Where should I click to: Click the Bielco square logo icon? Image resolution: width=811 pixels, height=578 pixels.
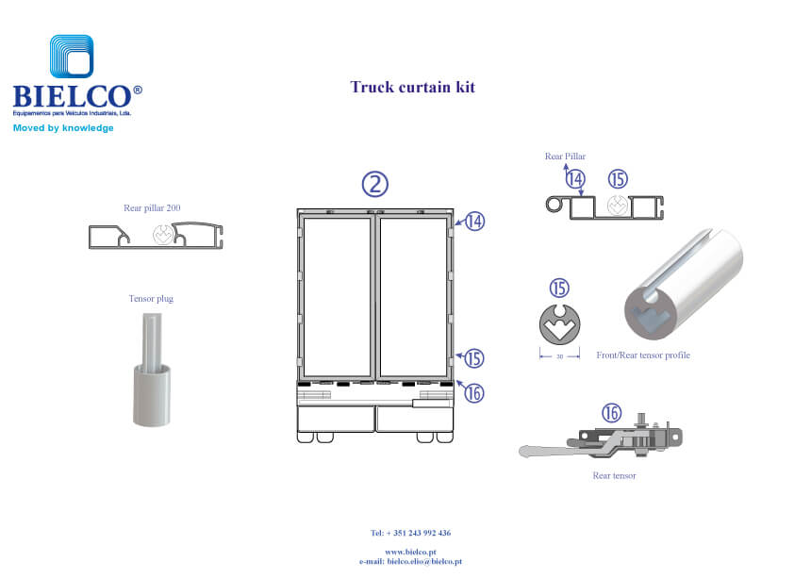[x=72, y=58]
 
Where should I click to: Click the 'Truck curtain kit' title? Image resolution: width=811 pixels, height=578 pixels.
[x=412, y=88]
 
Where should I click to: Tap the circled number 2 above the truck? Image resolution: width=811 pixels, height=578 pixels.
[x=376, y=184]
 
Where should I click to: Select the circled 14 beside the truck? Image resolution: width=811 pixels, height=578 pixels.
[x=474, y=222]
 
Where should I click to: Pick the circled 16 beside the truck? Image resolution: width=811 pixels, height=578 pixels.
[x=474, y=391]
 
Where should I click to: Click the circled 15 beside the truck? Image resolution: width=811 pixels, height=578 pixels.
[x=474, y=358]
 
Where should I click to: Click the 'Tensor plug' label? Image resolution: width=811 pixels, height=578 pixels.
[x=151, y=299]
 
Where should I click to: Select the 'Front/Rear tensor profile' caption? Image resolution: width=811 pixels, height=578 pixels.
[x=643, y=355]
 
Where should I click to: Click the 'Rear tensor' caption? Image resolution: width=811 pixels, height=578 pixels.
[x=614, y=475]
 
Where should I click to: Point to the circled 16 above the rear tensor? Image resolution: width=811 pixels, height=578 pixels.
[x=612, y=413]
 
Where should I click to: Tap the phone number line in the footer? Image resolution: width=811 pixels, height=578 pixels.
[x=410, y=533]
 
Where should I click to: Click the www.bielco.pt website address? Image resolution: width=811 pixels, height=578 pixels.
[x=410, y=553]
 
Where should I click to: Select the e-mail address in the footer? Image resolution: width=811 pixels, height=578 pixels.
[x=410, y=561]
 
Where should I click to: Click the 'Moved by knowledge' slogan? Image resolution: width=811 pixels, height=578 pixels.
[x=63, y=127]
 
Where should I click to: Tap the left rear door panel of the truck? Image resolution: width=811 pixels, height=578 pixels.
[x=336, y=297]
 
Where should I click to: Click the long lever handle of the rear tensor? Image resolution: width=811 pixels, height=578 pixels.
[x=552, y=450]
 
